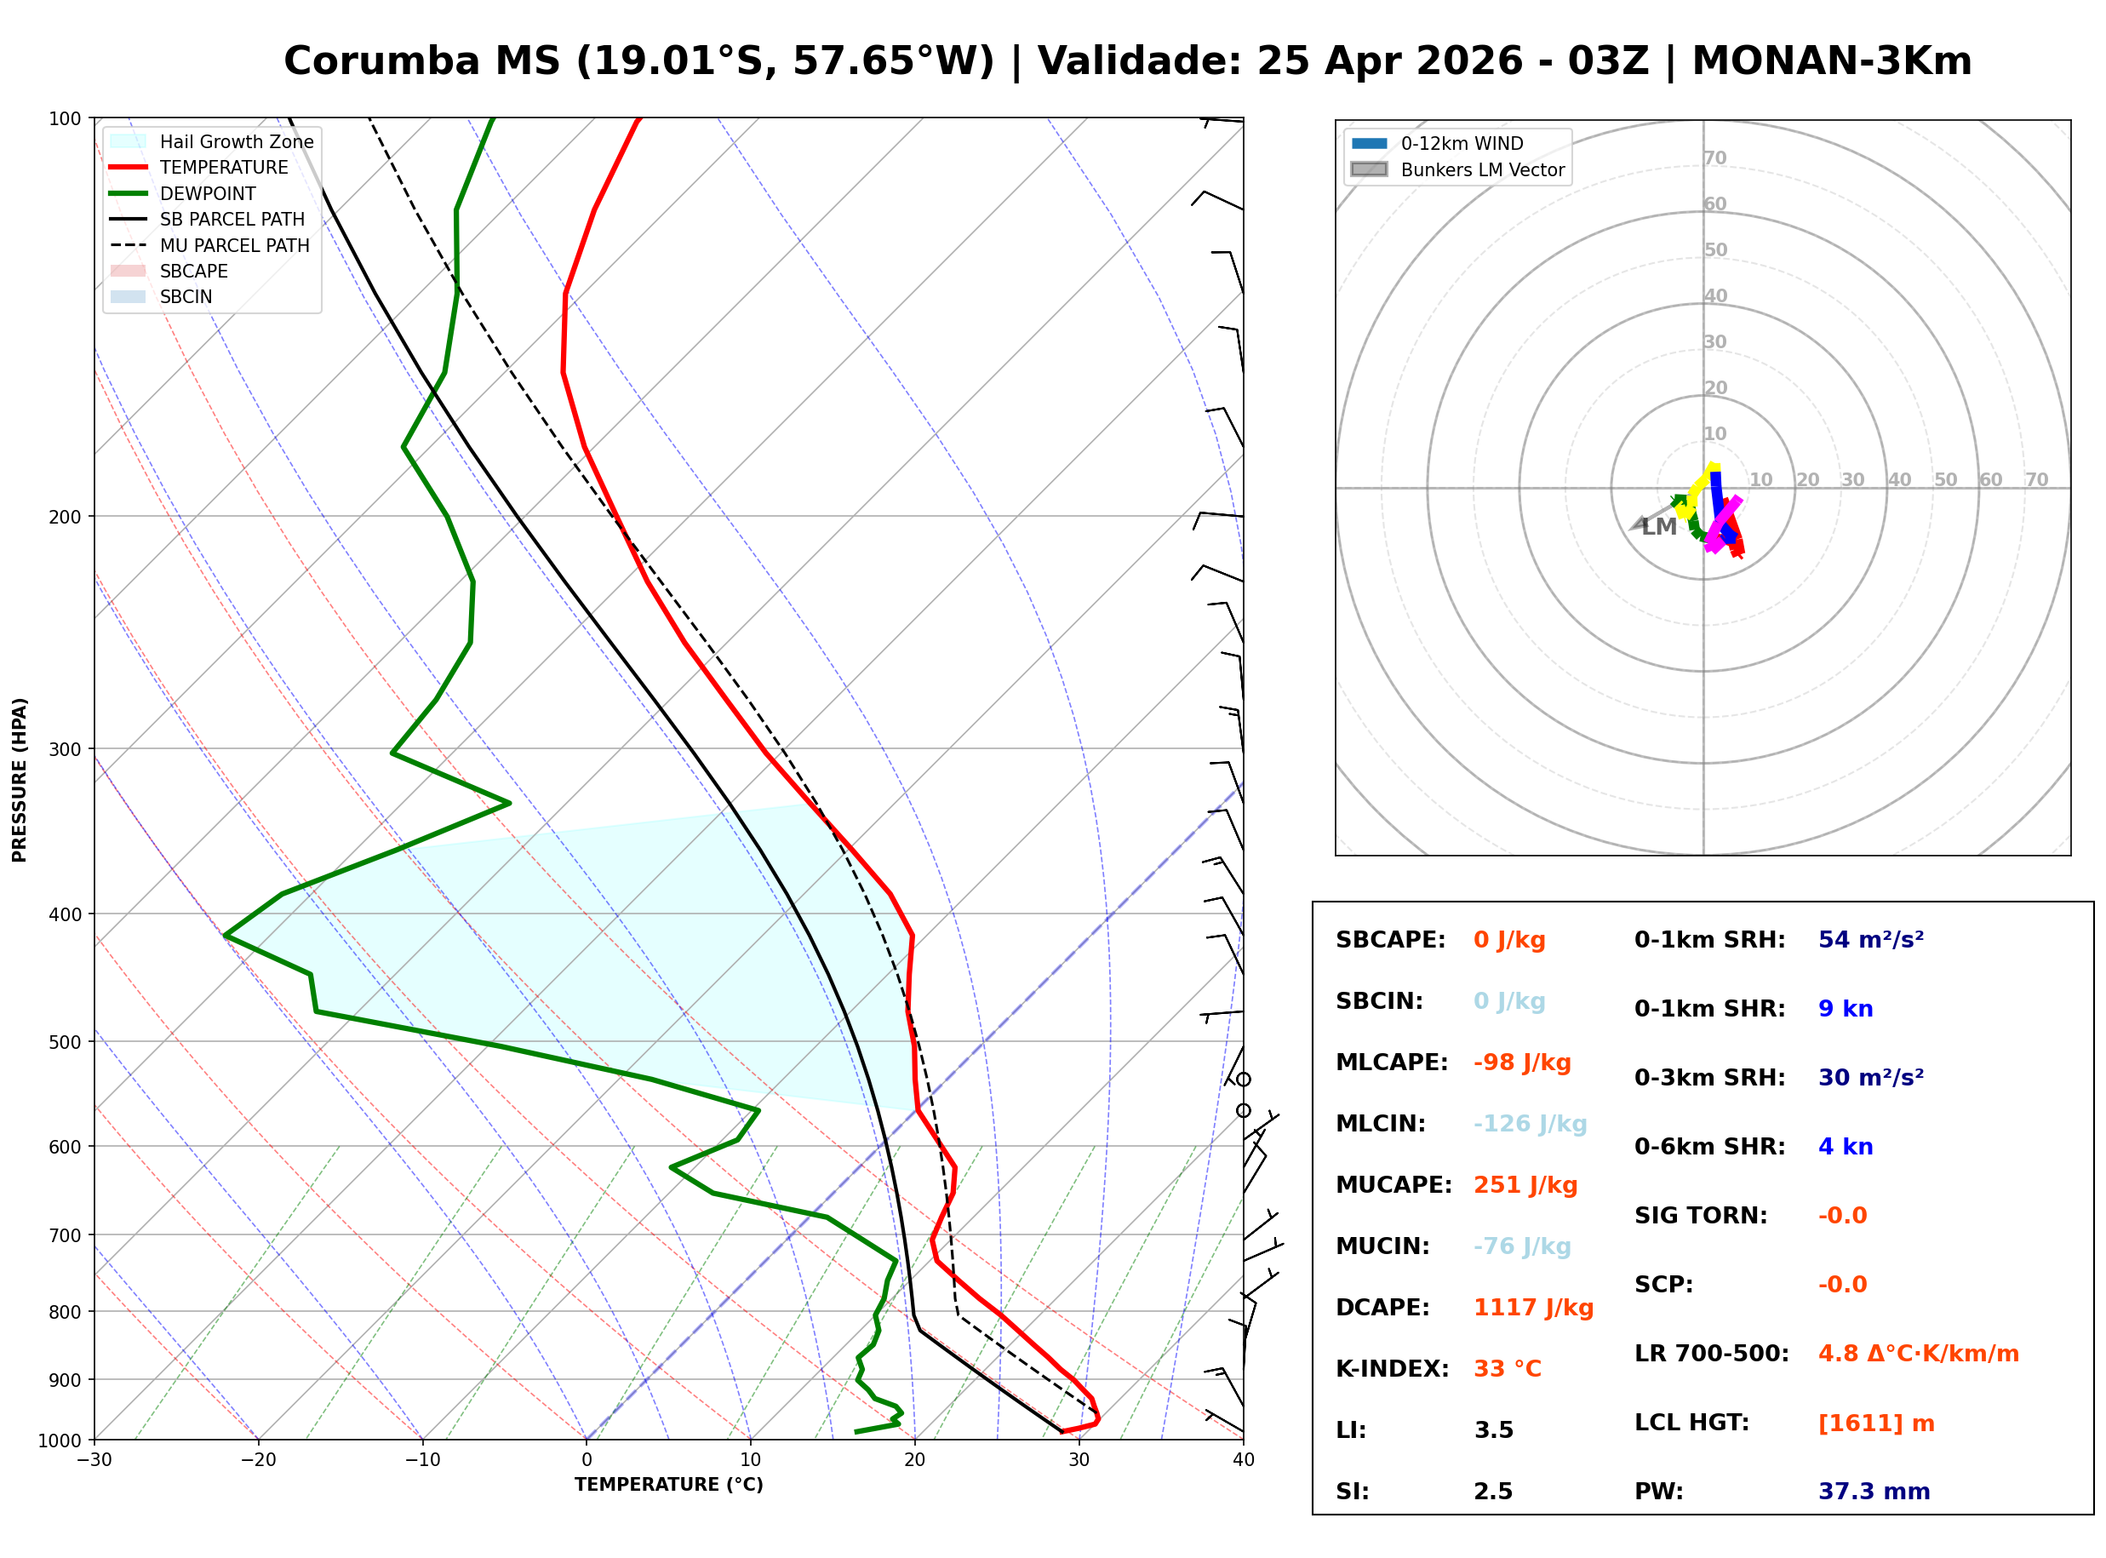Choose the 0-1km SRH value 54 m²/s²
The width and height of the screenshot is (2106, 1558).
pyautogui.click(x=1870, y=940)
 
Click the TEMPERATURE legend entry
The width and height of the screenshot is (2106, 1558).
pyautogui.click(x=223, y=168)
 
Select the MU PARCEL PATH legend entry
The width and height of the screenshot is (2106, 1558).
pyautogui.click(x=234, y=246)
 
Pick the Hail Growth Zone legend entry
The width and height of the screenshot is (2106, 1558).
pyautogui.click(x=236, y=142)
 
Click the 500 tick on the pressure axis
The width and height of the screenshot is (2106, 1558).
pyautogui.click(x=65, y=1043)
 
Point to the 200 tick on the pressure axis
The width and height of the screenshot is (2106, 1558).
pyautogui.click(x=65, y=517)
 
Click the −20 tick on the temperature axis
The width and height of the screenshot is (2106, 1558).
pyautogui.click(x=257, y=1461)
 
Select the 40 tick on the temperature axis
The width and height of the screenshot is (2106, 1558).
pyautogui.click(x=1243, y=1461)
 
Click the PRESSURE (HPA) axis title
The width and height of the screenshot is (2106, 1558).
pyautogui.click(x=20, y=780)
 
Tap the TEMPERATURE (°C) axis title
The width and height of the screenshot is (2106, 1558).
pyautogui.click(x=668, y=1486)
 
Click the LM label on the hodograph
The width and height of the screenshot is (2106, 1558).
pyautogui.click(x=1659, y=527)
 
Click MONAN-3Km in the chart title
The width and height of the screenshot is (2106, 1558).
pyautogui.click(x=1832, y=61)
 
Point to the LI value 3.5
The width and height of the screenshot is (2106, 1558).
pyautogui.click(x=1493, y=1430)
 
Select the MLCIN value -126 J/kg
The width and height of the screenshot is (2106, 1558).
pyautogui.click(x=1530, y=1124)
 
